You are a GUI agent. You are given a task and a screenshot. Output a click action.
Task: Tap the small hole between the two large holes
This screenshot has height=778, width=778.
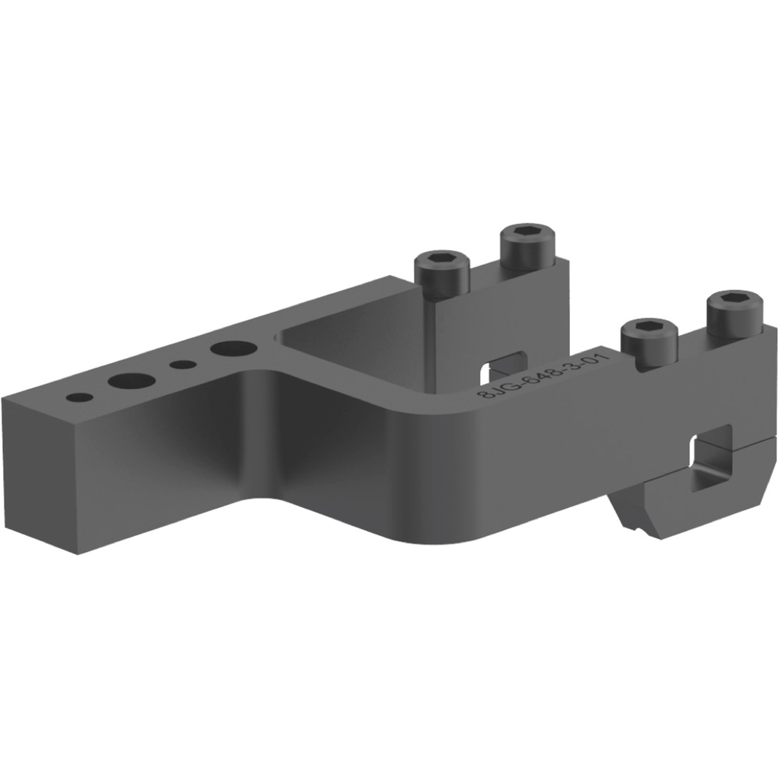coord(183,365)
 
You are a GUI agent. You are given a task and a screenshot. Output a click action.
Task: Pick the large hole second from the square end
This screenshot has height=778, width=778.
coord(131,380)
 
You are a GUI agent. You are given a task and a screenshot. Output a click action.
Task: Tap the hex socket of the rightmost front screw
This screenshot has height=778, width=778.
coord(734,298)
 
